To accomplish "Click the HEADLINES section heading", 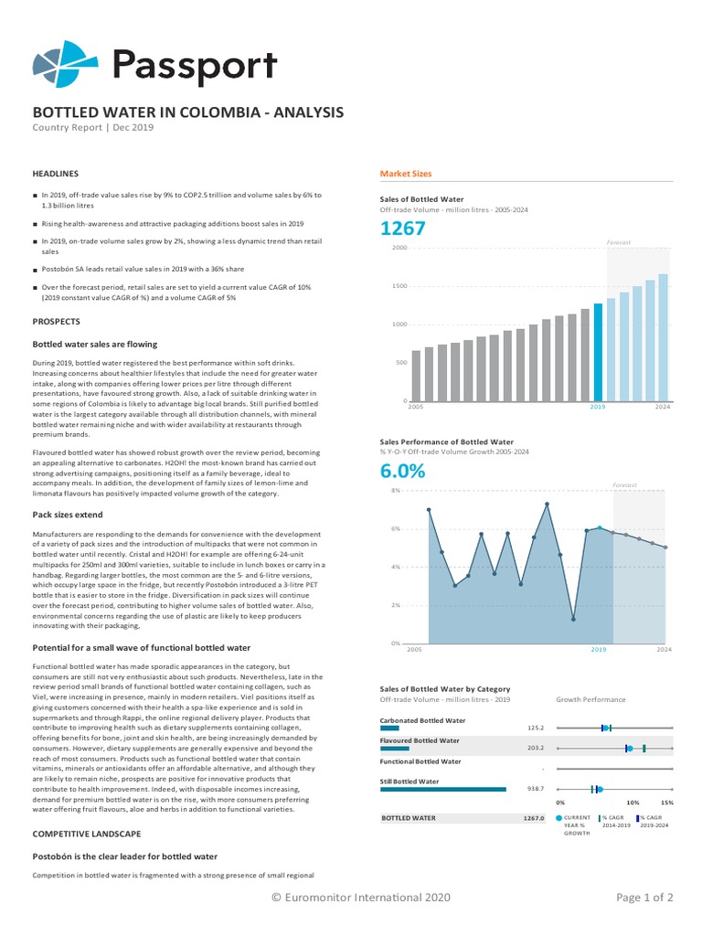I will pyautogui.click(x=56, y=173).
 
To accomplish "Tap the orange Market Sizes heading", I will pyautogui.click(x=406, y=174).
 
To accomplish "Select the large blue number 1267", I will pyautogui.click(x=402, y=229).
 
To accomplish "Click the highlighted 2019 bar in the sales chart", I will pyautogui.click(x=598, y=353).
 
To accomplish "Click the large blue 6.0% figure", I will pyautogui.click(x=402, y=472).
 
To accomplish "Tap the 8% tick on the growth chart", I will pyautogui.click(x=396, y=491).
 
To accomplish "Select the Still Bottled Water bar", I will pyautogui.click(x=442, y=789).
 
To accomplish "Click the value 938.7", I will pyautogui.click(x=536, y=789).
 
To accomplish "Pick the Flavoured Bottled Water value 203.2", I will pyautogui.click(x=536, y=748).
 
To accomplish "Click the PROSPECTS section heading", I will pyautogui.click(x=57, y=322).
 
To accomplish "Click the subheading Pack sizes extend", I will pyautogui.click(x=68, y=516).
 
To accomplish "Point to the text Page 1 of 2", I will pyautogui.click(x=644, y=898).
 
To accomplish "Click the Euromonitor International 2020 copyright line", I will pyautogui.click(x=361, y=898).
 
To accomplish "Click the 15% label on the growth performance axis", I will pyautogui.click(x=667, y=802).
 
